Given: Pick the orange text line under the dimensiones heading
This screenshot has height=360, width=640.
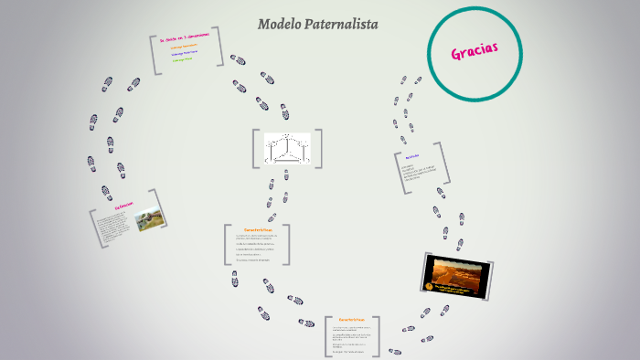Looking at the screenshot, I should click(x=183, y=47).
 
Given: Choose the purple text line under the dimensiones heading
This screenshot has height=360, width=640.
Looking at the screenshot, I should click(x=185, y=53).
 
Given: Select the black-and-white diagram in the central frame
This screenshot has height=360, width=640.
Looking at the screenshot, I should click(x=288, y=150).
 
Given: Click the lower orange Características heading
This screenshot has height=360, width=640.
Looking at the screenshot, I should click(x=351, y=320).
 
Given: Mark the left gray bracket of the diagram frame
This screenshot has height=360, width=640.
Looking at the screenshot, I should click(x=255, y=149).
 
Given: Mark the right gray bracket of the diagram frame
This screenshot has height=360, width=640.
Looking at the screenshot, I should click(x=322, y=149).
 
